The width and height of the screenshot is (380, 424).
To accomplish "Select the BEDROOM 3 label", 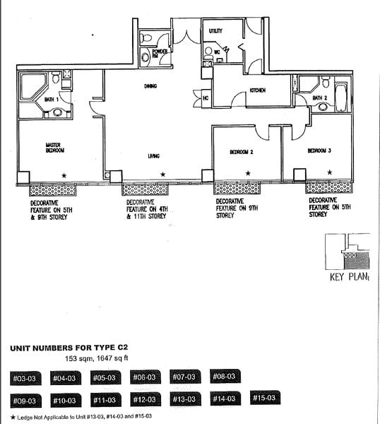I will click(x=319, y=151).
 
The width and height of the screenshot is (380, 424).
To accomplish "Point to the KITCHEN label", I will click(x=256, y=90).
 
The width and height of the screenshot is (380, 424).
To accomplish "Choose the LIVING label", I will click(x=153, y=155).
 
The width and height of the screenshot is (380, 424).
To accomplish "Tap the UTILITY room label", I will click(x=215, y=31).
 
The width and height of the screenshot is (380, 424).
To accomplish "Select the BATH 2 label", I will click(x=321, y=98).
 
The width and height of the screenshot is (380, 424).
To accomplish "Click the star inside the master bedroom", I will click(x=64, y=175).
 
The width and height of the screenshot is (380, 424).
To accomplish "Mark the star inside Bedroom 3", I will click(x=328, y=173).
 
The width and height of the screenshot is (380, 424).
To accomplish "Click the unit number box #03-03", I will click(x=25, y=379).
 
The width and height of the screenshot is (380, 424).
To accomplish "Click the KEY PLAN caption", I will click(x=350, y=277).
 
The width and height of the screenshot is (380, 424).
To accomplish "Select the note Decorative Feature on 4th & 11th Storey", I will click(x=147, y=210).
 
